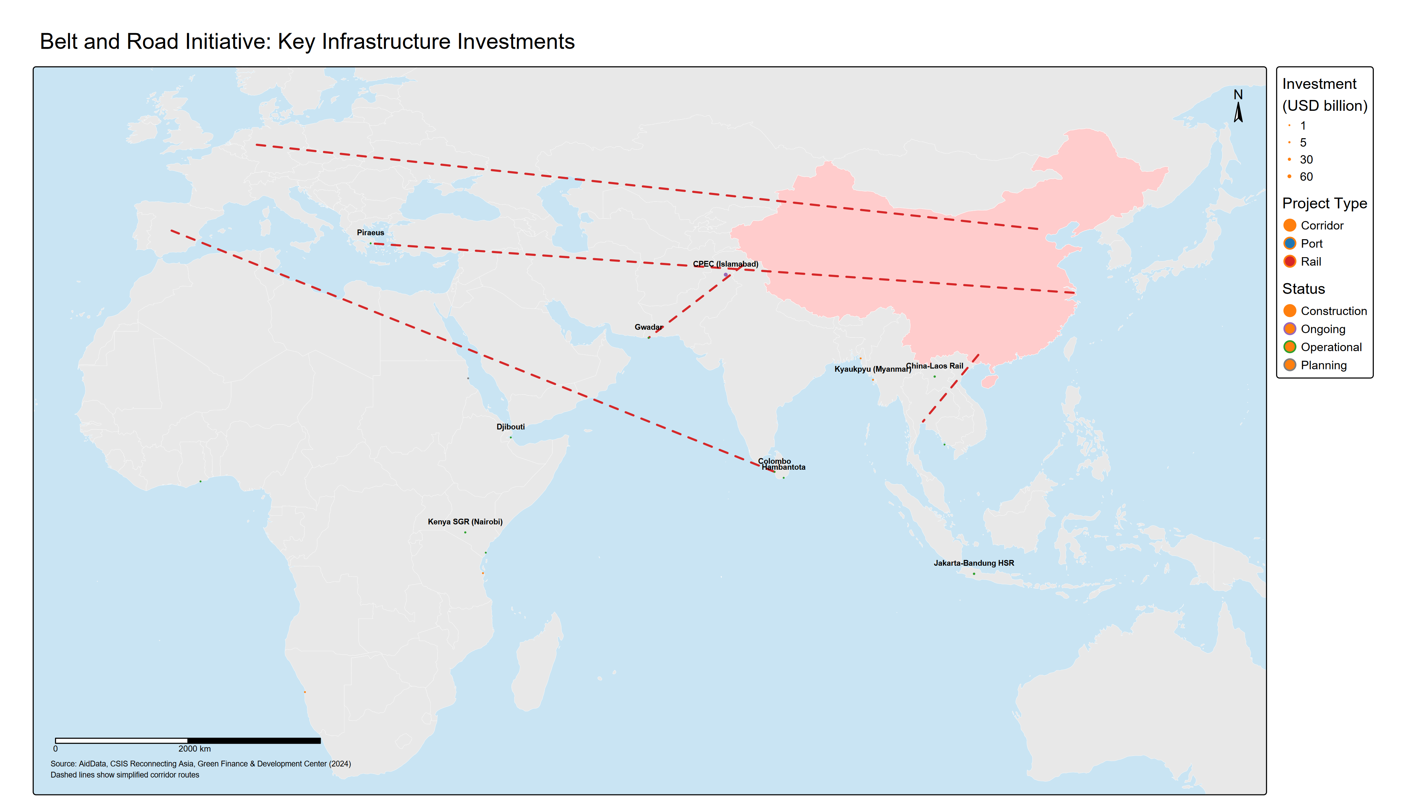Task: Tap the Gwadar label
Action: click(x=648, y=327)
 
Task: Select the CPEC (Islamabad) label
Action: click(x=725, y=264)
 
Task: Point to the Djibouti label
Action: click(x=510, y=427)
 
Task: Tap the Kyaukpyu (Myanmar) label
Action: click(x=872, y=369)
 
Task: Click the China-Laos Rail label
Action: click(x=935, y=366)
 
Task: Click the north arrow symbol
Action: click(x=1238, y=110)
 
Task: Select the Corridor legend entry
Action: click(x=1322, y=226)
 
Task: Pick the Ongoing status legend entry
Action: click(x=1323, y=329)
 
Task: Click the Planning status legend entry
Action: click(x=1323, y=365)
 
